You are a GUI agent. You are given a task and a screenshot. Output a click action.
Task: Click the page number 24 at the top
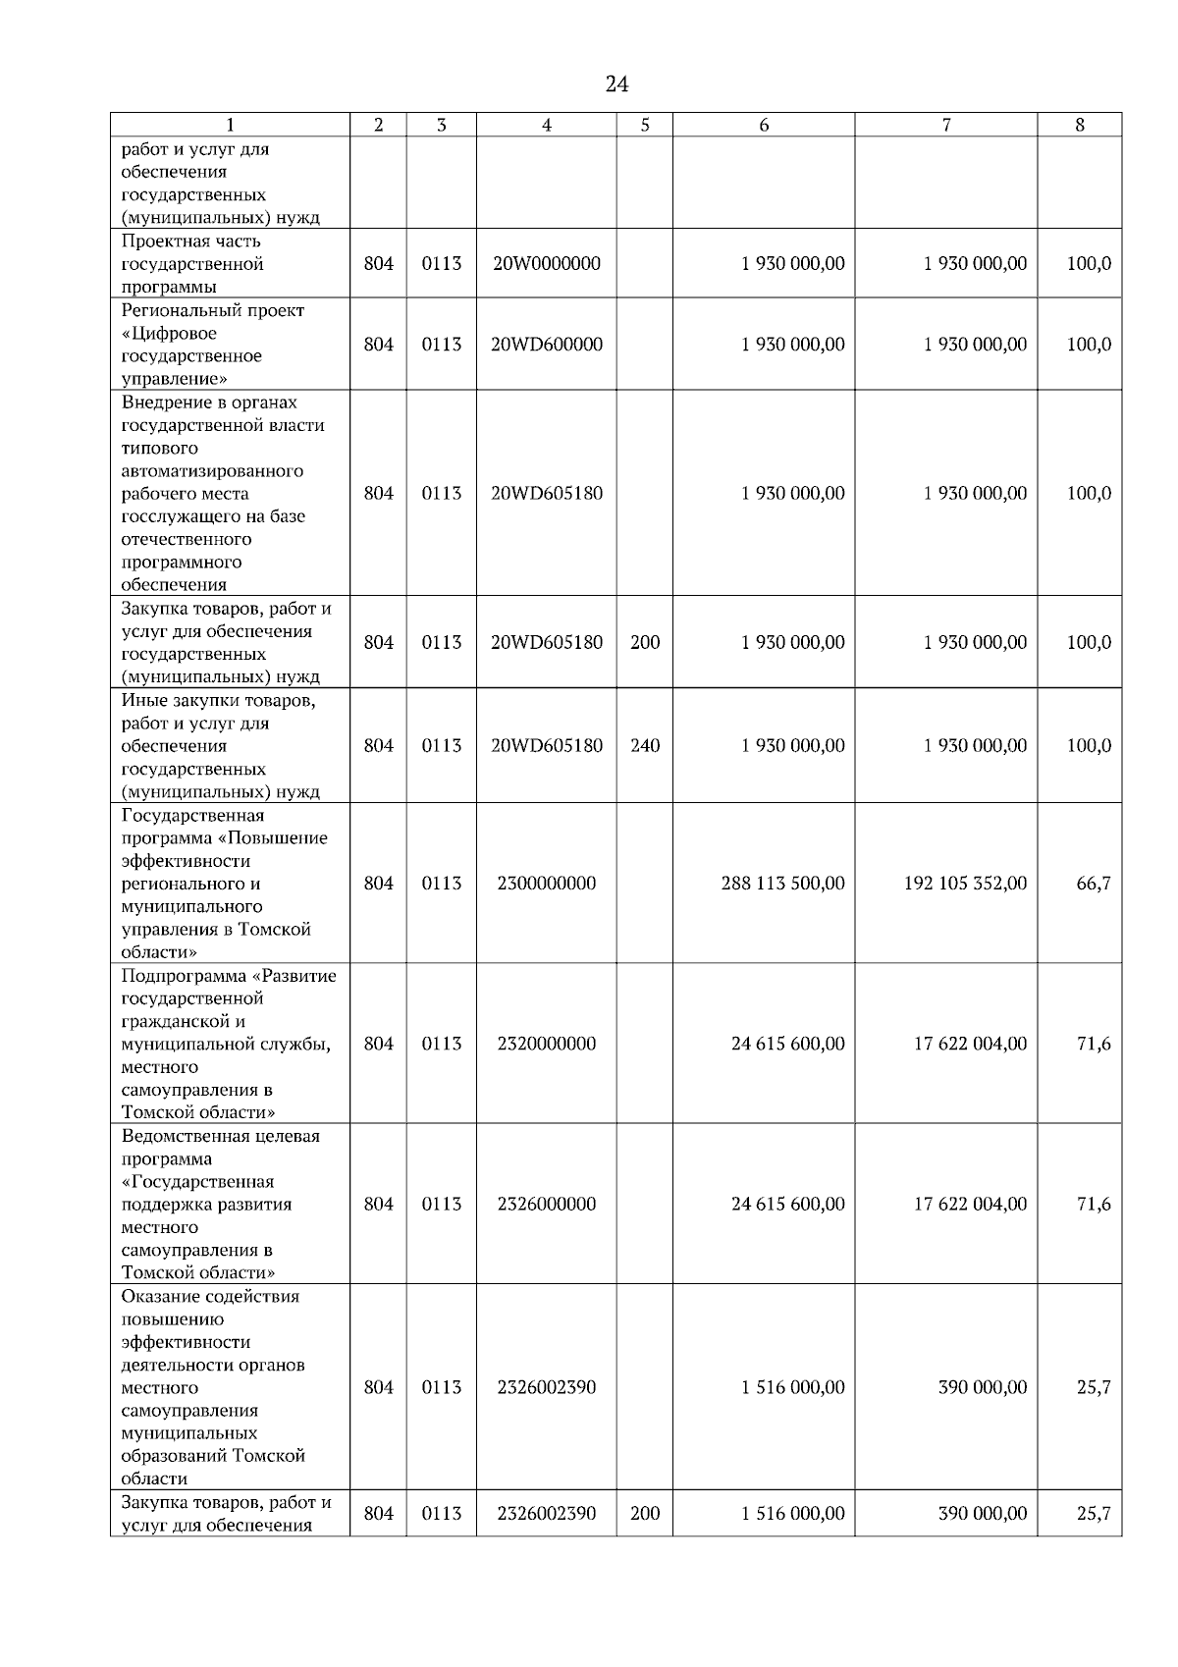click(x=616, y=84)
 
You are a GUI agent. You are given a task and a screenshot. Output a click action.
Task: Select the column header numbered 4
click(x=547, y=125)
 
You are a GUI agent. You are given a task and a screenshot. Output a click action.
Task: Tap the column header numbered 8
click(x=1080, y=125)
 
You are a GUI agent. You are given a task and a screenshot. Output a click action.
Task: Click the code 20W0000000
click(x=547, y=264)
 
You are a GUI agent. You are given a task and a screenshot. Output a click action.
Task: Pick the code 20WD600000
click(x=547, y=345)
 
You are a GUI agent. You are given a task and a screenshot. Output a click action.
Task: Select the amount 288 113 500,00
click(x=782, y=884)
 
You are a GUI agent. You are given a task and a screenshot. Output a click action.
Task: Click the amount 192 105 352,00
click(x=965, y=884)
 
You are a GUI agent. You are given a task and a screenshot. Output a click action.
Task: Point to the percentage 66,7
click(x=1094, y=884)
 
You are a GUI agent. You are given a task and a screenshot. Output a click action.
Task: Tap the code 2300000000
click(x=547, y=884)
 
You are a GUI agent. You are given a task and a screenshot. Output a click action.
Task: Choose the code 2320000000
click(x=547, y=1044)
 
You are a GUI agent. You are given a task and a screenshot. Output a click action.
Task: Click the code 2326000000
click(x=547, y=1205)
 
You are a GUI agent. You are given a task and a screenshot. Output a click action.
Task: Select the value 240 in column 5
click(x=645, y=746)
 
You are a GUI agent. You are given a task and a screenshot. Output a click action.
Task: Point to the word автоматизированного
click(x=212, y=471)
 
